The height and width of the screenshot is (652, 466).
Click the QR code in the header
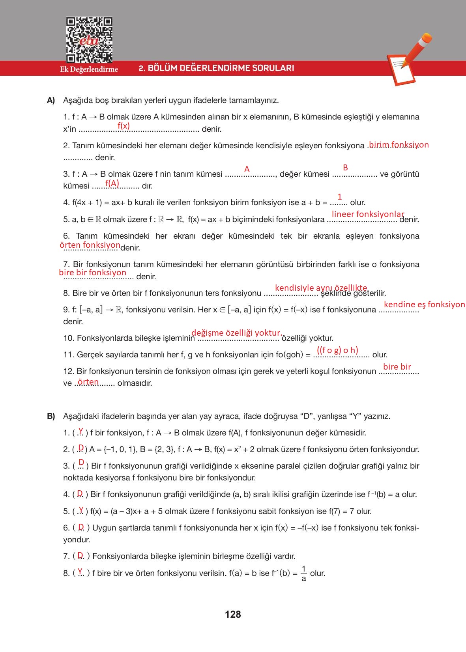click(89, 39)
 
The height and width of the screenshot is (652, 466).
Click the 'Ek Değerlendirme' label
click(89, 69)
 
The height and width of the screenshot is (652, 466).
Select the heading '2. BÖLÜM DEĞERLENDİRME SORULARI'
click(216, 68)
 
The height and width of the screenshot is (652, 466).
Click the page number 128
click(233, 614)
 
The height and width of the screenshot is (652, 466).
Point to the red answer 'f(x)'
click(124, 125)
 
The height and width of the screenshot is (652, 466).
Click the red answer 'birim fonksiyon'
click(398, 145)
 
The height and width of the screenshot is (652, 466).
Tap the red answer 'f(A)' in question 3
click(112, 183)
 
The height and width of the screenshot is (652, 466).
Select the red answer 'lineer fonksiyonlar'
click(368, 214)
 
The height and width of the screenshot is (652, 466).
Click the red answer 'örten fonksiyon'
click(90, 245)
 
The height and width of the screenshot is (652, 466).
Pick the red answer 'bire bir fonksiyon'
click(93, 273)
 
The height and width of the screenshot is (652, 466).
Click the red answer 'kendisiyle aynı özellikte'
click(321, 288)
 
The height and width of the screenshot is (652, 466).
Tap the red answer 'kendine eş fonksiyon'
click(424, 305)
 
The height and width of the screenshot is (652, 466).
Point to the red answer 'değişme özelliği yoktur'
click(236, 333)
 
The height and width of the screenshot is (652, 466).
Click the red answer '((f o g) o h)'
click(337, 350)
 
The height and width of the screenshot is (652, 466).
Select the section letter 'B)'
click(51, 416)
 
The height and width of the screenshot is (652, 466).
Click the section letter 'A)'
click(51, 100)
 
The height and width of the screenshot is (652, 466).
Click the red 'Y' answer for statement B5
click(81, 510)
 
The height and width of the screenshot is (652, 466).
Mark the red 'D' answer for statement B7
click(81, 555)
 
